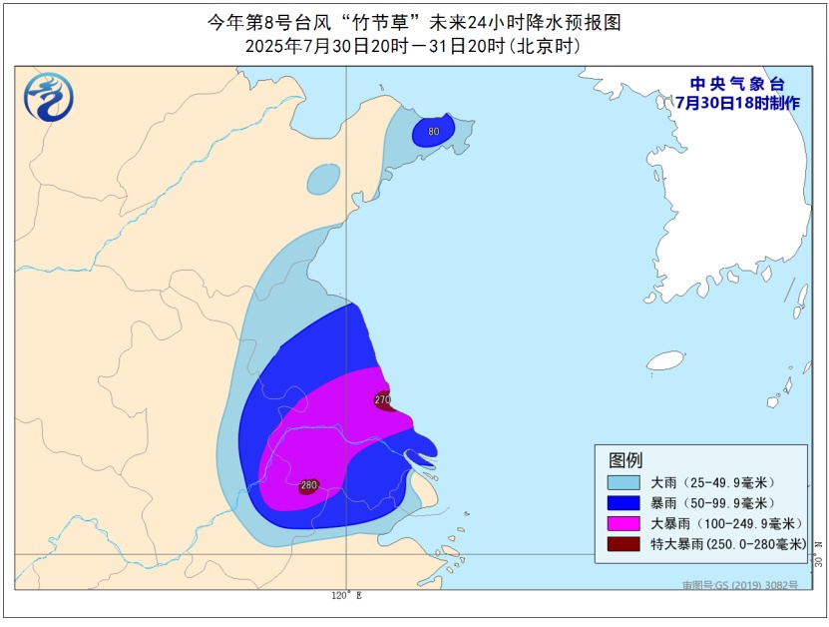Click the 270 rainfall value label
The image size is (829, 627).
coord(383,400)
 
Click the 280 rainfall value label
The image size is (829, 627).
coord(308,486)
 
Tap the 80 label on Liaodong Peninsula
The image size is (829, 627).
coord(433,131)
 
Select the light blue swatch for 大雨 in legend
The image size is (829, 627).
coord(623,482)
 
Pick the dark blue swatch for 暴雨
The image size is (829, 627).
coord(623,503)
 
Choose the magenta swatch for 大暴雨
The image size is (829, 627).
coord(623,524)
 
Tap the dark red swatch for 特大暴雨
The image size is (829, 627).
coord(623,545)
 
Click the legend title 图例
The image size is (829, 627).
coord(625,460)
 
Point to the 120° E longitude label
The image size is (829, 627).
coord(347,596)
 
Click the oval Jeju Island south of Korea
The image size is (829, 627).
coord(664,360)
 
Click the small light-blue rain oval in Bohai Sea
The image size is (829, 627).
coord(322,179)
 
